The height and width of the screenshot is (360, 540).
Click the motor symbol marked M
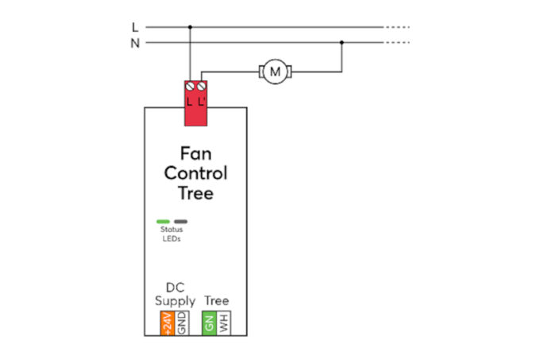pos(276,72)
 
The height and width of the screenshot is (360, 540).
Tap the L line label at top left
pos(135,27)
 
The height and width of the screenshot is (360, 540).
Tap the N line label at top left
pos(135,43)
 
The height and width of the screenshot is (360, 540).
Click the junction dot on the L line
pos(190,27)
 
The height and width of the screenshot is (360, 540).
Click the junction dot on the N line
pos(341,43)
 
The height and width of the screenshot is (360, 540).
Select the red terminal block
pos(195,103)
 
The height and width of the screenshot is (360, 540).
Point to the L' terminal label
pos(202,102)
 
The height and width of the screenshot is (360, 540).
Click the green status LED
pos(163,222)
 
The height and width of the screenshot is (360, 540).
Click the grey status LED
pos(181,222)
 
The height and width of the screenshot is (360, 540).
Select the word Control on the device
pos(195,172)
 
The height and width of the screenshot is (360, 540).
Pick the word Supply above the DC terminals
pos(174,301)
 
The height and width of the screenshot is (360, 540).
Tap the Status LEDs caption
pos(172,234)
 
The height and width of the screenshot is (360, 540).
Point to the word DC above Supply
pos(174,287)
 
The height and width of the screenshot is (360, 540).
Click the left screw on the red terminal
pos(190,84)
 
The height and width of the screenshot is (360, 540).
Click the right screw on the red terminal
pos(202,84)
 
